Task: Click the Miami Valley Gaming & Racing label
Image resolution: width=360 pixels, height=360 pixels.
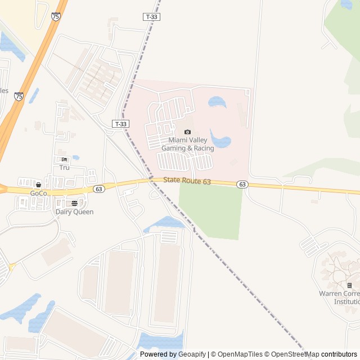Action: coord(187,144)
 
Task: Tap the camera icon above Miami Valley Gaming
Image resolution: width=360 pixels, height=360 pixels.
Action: coord(187,132)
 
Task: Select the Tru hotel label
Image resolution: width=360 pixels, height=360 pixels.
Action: coord(64,168)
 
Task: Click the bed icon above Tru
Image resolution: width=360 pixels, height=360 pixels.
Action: coord(64,160)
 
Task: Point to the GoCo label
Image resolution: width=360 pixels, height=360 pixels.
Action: coord(38,193)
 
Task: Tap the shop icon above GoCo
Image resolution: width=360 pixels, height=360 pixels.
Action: coord(38,184)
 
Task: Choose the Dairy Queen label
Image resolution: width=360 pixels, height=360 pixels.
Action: coord(74,212)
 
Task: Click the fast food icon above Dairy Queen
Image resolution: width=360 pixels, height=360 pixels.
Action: coord(74,203)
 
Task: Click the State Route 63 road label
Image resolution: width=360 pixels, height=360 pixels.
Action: coord(187,181)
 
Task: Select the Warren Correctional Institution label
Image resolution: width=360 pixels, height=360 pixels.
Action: coord(339,298)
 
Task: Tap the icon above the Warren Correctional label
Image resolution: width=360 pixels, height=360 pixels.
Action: coord(349,286)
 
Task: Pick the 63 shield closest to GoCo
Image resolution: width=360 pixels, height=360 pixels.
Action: coord(99,189)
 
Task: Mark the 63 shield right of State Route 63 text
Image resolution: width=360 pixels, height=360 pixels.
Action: coord(242,184)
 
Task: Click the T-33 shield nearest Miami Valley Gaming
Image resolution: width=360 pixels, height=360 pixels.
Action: coord(120,124)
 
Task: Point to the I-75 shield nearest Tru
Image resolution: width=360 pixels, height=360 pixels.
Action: coord(19,97)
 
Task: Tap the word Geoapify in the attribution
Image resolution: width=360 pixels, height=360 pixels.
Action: coord(192,354)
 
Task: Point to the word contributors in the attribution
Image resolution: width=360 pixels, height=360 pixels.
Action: coord(339,354)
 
